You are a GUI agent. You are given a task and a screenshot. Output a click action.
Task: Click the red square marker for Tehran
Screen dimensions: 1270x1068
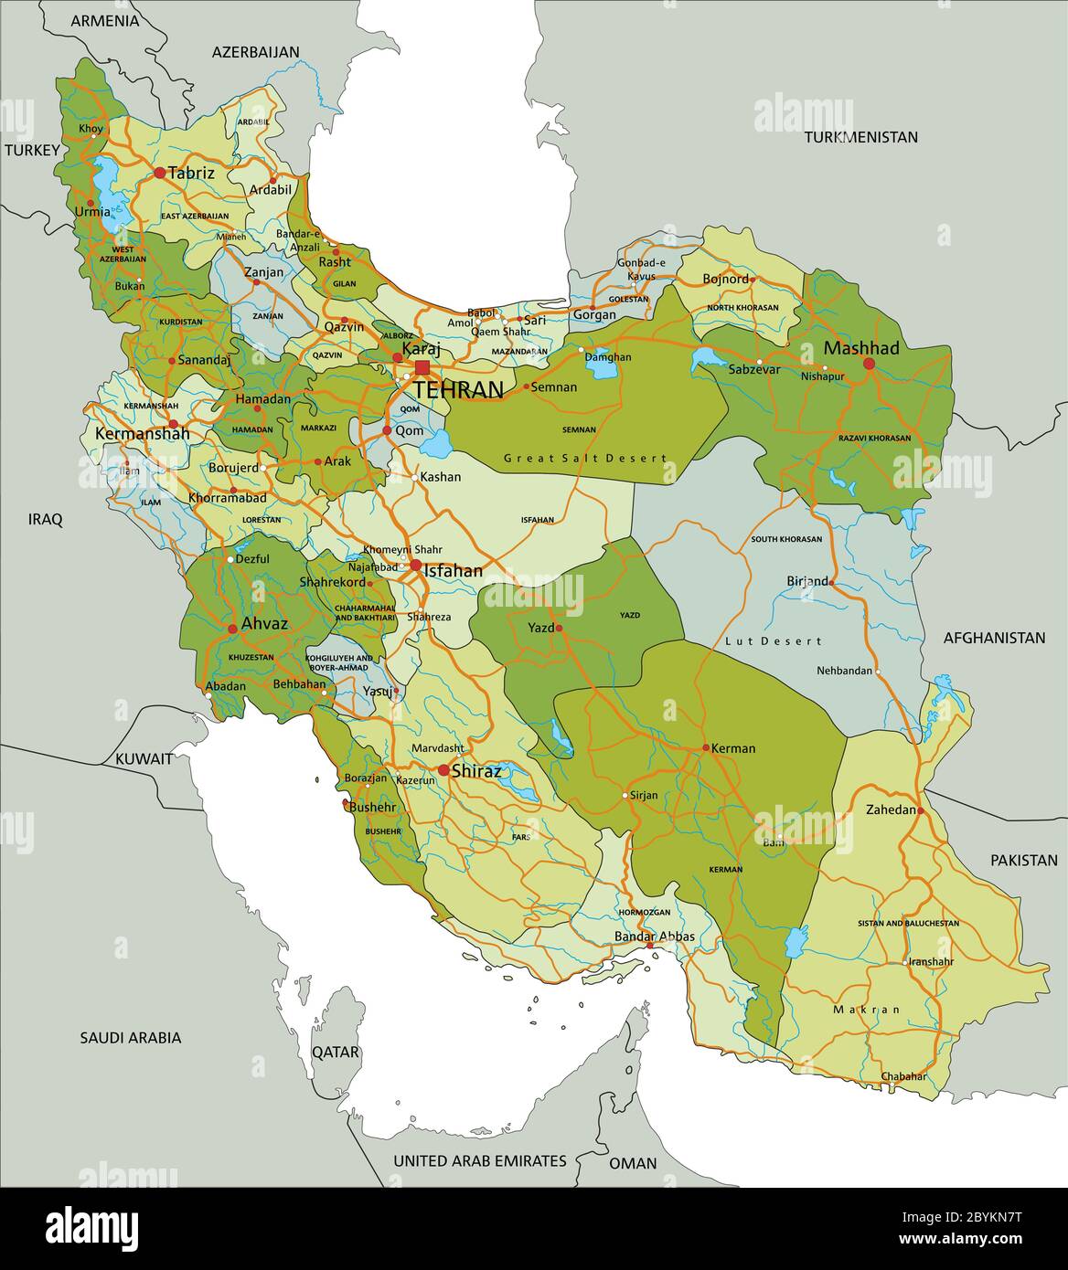(x=422, y=367)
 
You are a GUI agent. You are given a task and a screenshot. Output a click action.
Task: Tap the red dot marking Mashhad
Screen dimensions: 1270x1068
(x=869, y=364)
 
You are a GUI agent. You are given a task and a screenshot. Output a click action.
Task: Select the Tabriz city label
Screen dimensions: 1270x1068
(x=191, y=173)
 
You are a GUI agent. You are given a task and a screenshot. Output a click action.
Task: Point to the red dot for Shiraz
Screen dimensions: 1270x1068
(x=443, y=770)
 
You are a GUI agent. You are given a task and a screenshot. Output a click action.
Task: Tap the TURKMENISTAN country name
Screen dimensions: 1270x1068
(x=860, y=137)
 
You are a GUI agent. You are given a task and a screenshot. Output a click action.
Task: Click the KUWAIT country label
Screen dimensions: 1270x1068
(x=144, y=758)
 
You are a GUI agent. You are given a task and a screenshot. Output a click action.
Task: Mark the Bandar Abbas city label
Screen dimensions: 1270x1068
(x=655, y=937)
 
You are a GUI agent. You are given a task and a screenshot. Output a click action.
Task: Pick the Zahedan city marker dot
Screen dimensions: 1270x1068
(x=921, y=810)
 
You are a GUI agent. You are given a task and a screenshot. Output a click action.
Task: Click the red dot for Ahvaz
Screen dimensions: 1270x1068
(x=231, y=629)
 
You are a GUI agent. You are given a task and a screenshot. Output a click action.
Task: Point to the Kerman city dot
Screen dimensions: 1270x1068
(x=705, y=747)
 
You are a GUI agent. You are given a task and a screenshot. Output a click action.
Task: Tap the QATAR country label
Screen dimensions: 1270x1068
(x=336, y=1053)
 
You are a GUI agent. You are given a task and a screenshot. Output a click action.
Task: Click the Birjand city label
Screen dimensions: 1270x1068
(x=806, y=580)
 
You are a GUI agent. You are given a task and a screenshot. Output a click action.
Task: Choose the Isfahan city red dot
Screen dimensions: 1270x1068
(x=416, y=566)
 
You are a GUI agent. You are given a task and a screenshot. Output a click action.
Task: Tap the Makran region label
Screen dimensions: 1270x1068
(x=866, y=1010)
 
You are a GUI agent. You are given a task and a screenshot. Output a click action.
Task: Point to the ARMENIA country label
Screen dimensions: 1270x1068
(x=105, y=20)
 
